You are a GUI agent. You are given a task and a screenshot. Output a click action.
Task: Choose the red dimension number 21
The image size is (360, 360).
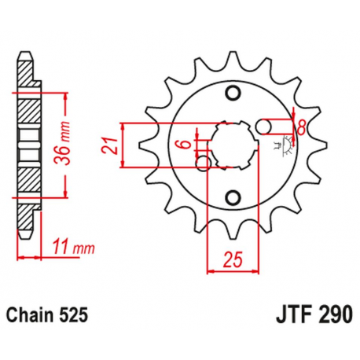coord(112,145)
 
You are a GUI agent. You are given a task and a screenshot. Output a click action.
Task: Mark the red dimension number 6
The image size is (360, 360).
coord(182,144)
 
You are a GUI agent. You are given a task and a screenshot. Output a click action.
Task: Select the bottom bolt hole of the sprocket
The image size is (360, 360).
coord(233,196)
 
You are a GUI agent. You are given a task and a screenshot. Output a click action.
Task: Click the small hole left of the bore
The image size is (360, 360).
coord(205,162)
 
